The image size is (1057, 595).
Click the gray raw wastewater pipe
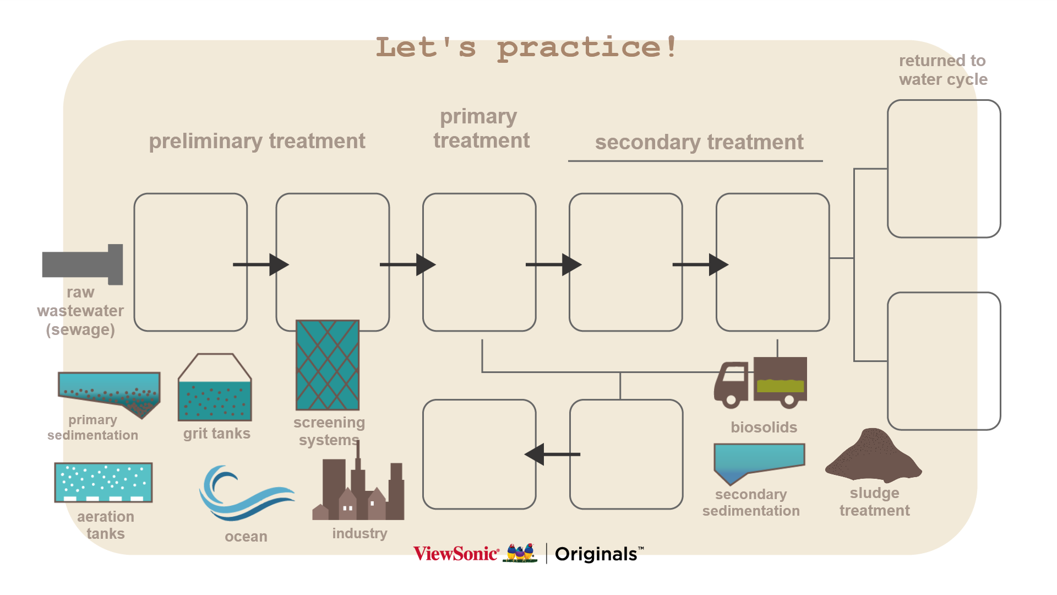click(x=83, y=264)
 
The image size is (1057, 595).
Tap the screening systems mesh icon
click(x=328, y=365)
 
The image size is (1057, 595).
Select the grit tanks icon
click(x=215, y=388)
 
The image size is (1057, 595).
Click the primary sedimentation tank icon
click(x=109, y=391)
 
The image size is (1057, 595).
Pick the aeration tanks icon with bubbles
click(x=103, y=482)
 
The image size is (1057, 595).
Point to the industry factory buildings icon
click(x=359, y=490)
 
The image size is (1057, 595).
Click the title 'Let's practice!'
click(x=526, y=47)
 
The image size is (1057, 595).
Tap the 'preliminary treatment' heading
click(x=257, y=141)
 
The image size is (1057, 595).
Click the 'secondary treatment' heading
click(x=699, y=142)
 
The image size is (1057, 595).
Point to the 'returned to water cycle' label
click(x=943, y=70)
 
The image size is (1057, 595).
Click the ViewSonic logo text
click(x=456, y=554)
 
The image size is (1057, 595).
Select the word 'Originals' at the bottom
click(x=596, y=554)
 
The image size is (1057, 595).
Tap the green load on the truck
click(x=780, y=385)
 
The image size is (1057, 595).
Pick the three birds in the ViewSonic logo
click(x=520, y=553)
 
